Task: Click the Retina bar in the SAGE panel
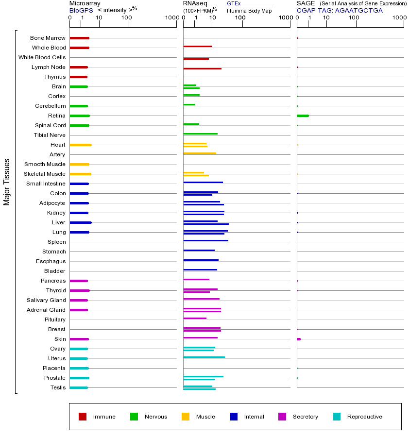click(303, 116)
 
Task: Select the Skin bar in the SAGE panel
click(299, 339)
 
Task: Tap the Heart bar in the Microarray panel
click(81, 145)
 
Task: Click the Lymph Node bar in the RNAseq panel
click(202, 68)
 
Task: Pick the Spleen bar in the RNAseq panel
click(205, 240)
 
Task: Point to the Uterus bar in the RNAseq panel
click(204, 357)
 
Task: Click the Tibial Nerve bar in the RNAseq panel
click(200, 134)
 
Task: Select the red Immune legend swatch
click(83, 417)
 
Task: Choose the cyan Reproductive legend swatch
click(337, 417)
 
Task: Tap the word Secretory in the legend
click(305, 417)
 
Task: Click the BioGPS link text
click(81, 10)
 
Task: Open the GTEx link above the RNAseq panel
click(234, 3)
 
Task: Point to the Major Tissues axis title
click(7, 182)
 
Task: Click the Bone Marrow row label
click(48, 38)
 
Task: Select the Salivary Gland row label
click(46, 300)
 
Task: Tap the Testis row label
click(58, 387)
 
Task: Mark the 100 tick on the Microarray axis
click(127, 18)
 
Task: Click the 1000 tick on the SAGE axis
click(399, 18)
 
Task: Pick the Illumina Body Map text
click(249, 11)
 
